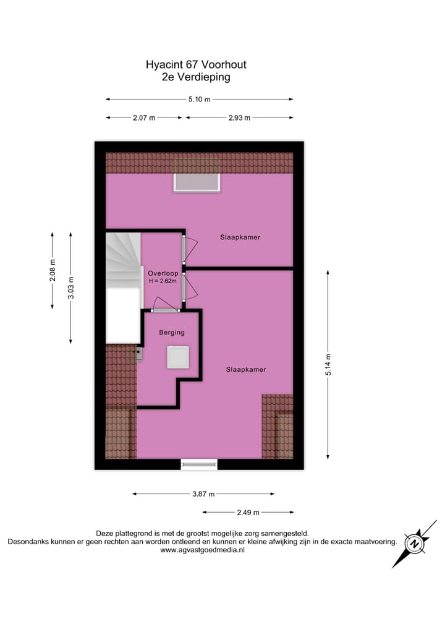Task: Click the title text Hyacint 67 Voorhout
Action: [195, 64]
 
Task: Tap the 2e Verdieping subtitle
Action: [195, 77]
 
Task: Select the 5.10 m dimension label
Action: [199, 99]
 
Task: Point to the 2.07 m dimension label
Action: [144, 118]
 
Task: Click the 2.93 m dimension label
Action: [239, 118]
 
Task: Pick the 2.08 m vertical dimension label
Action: [53, 270]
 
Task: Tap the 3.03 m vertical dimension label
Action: [71, 288]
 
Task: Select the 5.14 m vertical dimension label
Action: [328, 364]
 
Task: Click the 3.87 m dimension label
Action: [203, 494]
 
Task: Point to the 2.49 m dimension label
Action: [248, 512]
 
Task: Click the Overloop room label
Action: [163, 273]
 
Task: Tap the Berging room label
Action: [172, 333]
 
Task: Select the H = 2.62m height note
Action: [163, 281]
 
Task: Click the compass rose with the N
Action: [414, 544]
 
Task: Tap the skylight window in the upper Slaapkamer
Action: [197, 182]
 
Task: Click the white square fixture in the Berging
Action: [177, 357]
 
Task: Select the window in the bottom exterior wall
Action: [199, 464]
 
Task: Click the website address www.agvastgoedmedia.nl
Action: [202, 550]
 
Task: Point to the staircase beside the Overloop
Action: [122, 260]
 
